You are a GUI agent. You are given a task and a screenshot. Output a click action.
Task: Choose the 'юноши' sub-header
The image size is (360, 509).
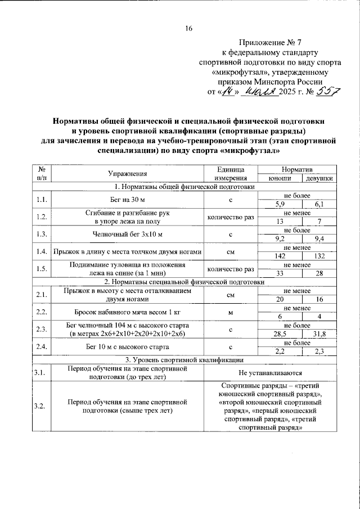point(280,178)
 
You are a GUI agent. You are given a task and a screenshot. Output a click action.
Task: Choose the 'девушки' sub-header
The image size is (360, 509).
point(318,178)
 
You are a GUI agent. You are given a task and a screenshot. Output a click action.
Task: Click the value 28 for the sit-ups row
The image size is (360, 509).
point(319,273)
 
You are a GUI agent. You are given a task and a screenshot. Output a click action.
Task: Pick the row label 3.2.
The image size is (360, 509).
point(40,406)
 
